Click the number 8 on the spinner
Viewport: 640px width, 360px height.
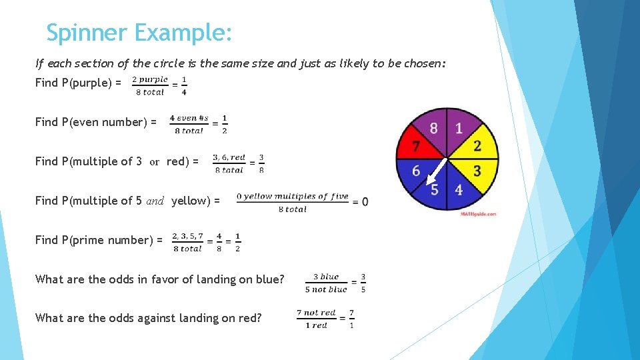[x=434, y=127]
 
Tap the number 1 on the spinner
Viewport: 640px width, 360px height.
[x=459, y=127]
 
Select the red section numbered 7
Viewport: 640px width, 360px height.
[x=416, y=146]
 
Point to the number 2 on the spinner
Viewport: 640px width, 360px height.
[x=477, y=146]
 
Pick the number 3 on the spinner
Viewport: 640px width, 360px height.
[x=477, y=171]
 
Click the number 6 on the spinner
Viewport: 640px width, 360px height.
[x=416, y=171]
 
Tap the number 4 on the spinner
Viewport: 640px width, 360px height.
[x=459, y=190]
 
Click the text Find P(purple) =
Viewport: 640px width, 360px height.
[x=78, y=83]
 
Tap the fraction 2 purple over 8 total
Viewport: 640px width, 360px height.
[x=150, y=86]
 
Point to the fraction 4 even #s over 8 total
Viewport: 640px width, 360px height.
[x=189, y=125]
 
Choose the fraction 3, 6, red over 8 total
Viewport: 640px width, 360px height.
[x=229, y=164]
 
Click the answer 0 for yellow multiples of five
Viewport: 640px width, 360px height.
[x=365, y=202]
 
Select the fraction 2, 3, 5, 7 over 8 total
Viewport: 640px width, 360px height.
[x=187, y=242]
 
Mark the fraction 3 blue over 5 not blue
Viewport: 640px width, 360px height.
[x=326, y=283]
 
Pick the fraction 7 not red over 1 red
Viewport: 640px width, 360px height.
[x=317, y=319]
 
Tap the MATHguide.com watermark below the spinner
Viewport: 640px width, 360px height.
[x=479, y=214]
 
